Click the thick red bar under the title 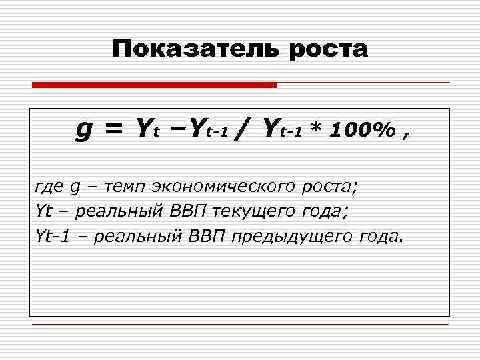tap(154, 85)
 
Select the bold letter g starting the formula tap(84, 129)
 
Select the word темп tap(121, 187)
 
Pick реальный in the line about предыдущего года tap(131, 235)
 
